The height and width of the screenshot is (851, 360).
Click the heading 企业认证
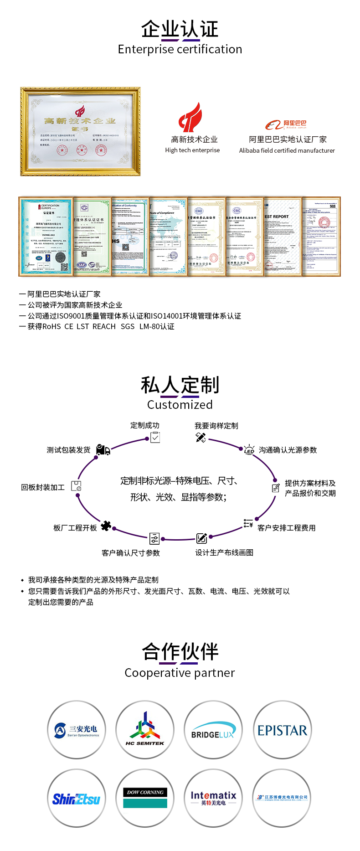(180, 30)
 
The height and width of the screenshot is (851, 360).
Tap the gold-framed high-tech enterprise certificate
(80, 132)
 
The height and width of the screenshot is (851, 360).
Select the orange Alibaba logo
(286, 124)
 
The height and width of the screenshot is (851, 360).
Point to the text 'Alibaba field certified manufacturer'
(287, 150)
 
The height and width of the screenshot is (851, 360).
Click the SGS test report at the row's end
(321, 236)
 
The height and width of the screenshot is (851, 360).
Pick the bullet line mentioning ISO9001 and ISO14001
(134, 316)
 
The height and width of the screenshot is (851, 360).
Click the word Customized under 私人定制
(180, 404)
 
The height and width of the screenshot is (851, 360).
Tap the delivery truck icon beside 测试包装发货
(103, 450)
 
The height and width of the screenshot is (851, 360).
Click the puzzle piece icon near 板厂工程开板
(106, 526)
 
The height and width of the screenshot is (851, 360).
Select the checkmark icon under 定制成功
(155, 438)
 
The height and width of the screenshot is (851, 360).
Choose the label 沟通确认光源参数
(288, 450)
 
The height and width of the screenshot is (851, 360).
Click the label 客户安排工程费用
(286, 528)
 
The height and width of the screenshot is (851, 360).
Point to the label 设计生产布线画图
(224, 552)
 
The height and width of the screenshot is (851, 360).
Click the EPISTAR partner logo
(282, 731)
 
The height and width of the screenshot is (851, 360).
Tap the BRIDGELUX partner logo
(213, 731)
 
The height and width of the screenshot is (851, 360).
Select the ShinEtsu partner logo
(77, 799)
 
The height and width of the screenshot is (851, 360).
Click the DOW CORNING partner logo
(145, 799)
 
